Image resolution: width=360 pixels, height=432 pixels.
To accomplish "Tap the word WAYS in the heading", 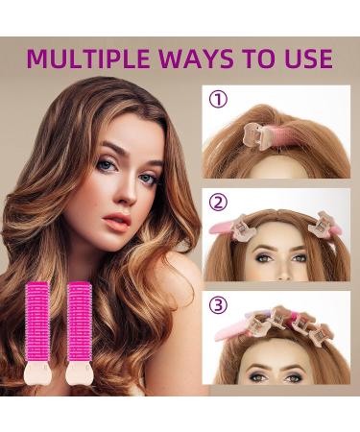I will [x=204, y=59].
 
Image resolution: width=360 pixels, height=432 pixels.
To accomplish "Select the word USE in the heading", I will [x=304, y=59].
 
